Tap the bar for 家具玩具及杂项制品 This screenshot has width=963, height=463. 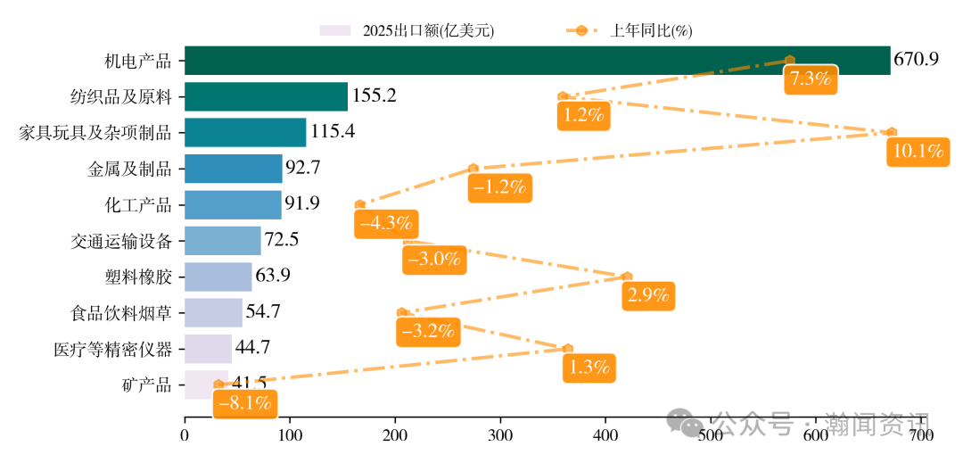click(x=245, y=132)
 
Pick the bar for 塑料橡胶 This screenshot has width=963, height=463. click(x=218, y=277)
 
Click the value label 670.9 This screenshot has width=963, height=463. click(x=917, y=60)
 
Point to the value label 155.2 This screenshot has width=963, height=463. click(x=374, y=95)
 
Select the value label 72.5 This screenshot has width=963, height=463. click(x=282, y=240)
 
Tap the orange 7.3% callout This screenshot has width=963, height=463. click(x=810, y=79)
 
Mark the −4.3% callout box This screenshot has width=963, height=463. click(x=385, y=224)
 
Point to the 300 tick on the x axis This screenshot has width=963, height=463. click(x=500, y=435)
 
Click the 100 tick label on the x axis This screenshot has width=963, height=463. click(x=290, y=435)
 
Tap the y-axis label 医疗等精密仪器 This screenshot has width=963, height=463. click(x=112, y=349)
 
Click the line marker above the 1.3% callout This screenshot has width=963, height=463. click(x=568, y=348)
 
